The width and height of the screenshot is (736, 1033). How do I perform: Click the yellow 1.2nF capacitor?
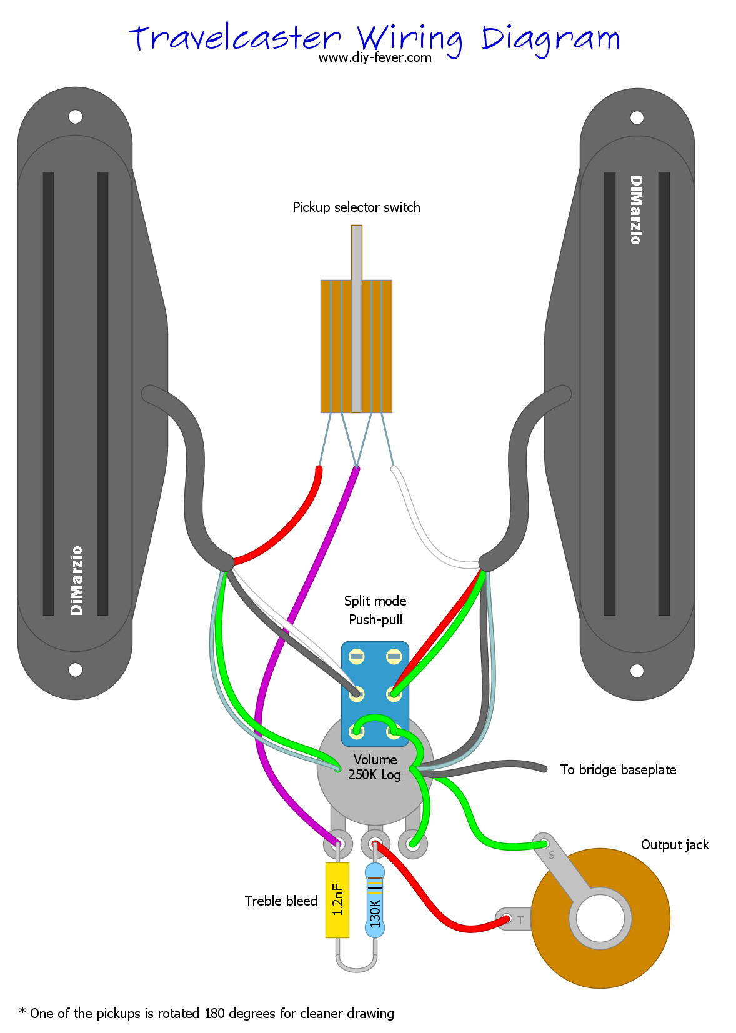337,899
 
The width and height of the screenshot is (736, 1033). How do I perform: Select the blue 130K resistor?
374,900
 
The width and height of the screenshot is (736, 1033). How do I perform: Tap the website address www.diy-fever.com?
374,57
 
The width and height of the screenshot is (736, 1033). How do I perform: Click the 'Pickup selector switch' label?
356,207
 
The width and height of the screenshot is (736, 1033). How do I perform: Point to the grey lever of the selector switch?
356,312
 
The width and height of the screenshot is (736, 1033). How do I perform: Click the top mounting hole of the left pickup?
76,117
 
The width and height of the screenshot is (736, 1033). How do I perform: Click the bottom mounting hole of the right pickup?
637,671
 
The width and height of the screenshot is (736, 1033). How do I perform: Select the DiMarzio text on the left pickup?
76,581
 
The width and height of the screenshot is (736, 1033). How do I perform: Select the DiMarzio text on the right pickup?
635,209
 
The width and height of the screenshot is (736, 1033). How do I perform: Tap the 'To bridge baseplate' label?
617,769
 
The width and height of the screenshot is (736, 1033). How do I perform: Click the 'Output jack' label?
674,844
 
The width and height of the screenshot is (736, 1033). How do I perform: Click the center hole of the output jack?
600,918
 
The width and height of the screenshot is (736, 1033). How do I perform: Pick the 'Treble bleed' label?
281,901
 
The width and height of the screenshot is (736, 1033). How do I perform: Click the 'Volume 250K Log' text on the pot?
375,767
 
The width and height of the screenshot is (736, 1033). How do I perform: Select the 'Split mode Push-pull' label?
375,610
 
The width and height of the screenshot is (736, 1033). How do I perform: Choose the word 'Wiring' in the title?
409,39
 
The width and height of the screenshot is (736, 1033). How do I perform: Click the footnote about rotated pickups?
207,1013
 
